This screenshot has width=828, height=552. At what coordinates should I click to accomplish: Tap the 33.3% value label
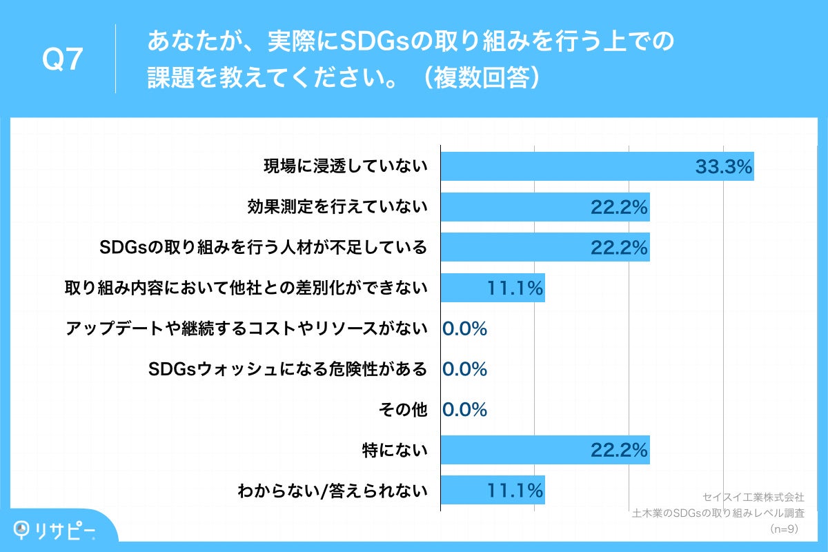click(x=722, y=167)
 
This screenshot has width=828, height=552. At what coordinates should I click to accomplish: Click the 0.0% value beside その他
click(x=464, y=410)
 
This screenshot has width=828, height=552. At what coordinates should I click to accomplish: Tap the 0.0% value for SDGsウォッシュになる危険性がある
click(x=464, y=369)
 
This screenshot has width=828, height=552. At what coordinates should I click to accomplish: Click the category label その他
click(x=403, y=410)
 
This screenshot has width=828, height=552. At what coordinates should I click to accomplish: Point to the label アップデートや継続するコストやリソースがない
click(x=246, y=328)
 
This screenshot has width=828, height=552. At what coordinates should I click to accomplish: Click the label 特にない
click(x=395, y=451)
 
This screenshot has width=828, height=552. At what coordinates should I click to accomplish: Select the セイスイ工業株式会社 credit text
click(x=753, y=497)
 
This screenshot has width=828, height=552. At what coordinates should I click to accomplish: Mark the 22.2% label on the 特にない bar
click(x=619, y=451)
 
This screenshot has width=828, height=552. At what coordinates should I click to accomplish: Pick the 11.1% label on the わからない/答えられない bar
click(x=515, y=491)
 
